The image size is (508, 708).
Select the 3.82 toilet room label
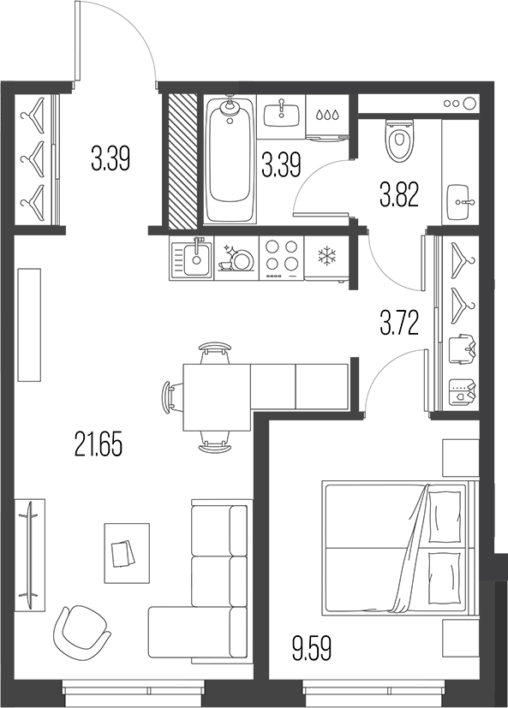[398, 196]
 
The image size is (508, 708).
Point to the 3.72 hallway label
[399, 323]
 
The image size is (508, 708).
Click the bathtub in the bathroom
[229, 160]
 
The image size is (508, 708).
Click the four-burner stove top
[280, 255]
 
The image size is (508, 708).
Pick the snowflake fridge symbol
[327, 255]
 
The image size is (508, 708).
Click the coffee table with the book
[124, 550]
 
